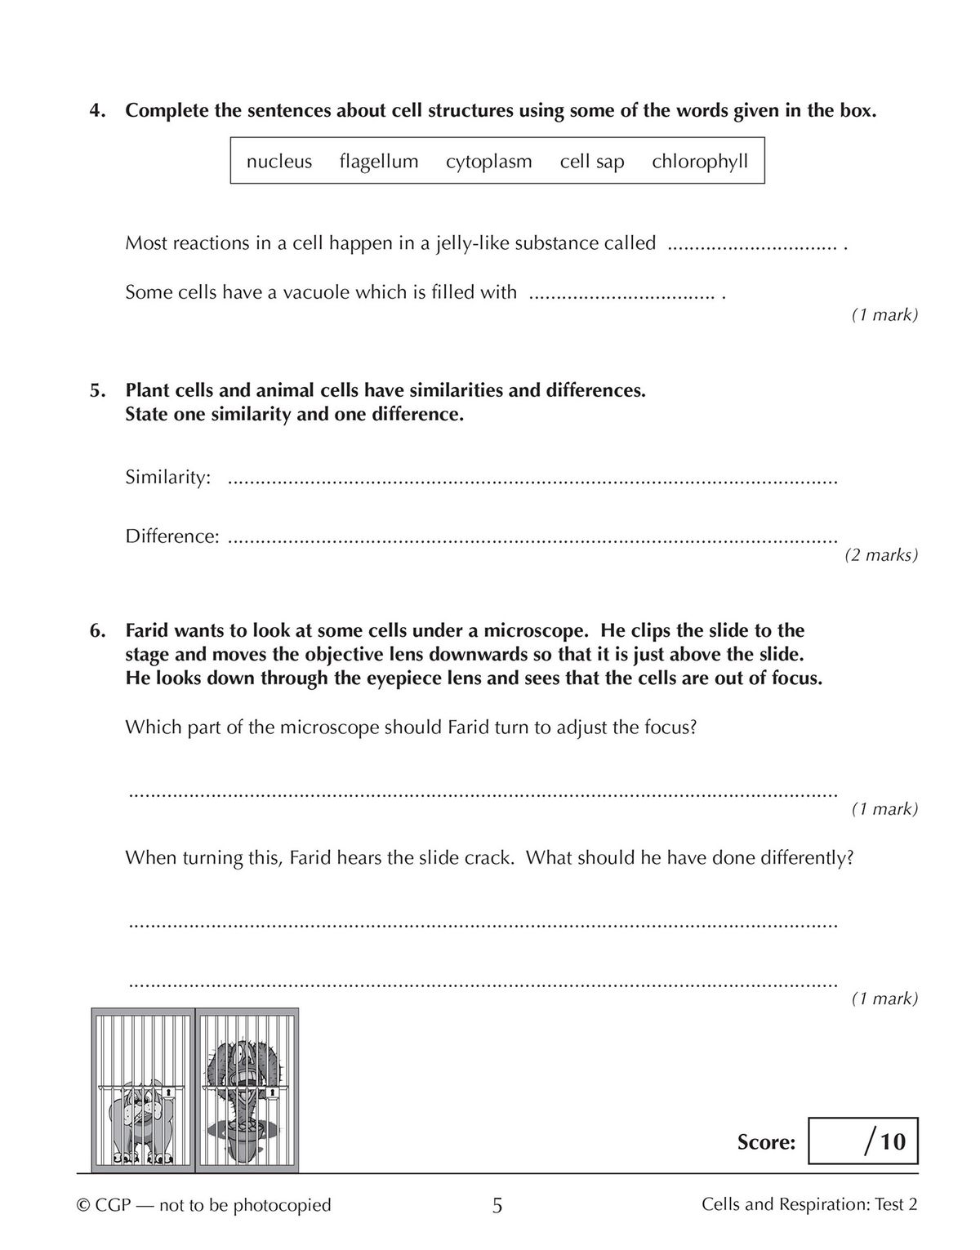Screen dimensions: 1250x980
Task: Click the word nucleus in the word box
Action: [278, 162]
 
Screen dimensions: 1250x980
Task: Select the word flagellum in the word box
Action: [379, 162]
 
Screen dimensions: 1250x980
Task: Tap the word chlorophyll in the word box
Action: [699, 162]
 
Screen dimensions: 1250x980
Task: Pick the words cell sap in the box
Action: [591, 162]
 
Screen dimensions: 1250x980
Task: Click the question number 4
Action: [97, 111]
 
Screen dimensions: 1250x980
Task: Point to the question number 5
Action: [97, 390]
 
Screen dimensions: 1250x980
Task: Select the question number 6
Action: [97, 630]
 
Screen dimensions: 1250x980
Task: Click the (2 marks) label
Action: [880, 555]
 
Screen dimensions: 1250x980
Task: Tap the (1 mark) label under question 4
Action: [884, 314]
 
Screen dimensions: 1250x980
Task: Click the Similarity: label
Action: [168, 478]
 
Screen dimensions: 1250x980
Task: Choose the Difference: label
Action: [172, 536]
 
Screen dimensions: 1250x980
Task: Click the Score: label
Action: [765, 1142]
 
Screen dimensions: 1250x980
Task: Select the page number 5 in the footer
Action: [497, 1205]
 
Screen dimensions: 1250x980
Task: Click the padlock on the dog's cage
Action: [167, 1091]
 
